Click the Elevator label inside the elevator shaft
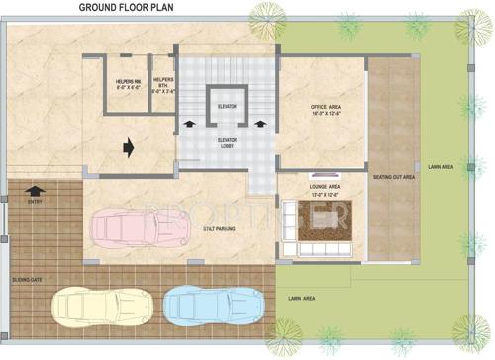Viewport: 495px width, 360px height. tap(227, 105)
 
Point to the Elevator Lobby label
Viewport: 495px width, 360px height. tap(227, 143)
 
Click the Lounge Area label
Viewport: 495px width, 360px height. tap(326, 187)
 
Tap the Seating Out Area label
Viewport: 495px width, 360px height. tap(394, 178)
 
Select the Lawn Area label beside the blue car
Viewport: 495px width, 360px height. tap(301, 298)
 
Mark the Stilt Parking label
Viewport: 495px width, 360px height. tap(220, 228)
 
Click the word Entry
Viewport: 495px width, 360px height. tap(36, 201)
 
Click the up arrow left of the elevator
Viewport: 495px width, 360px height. tap(189, 126)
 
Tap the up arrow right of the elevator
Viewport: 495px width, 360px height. tap(261, 126)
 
